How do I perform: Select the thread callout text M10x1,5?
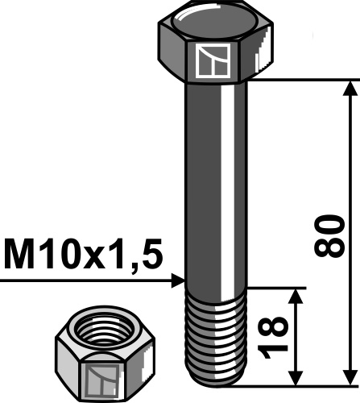point(83,256)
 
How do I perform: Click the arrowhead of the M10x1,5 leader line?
point(178,280)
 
